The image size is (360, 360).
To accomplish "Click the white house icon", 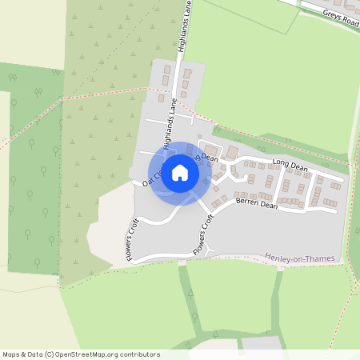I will click(x=180, y=172).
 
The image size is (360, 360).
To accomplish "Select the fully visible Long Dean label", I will click(x=290, y=165).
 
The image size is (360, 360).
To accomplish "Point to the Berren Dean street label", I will click(x=256, y=206).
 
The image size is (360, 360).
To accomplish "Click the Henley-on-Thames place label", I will click(x=299, y=258).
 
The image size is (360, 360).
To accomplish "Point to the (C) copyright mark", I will click(x=49, y=354).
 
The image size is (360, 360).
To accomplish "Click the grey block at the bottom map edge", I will click(x=262, y=343).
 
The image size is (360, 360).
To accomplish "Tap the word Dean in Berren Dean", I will click(x=267, y=206).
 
